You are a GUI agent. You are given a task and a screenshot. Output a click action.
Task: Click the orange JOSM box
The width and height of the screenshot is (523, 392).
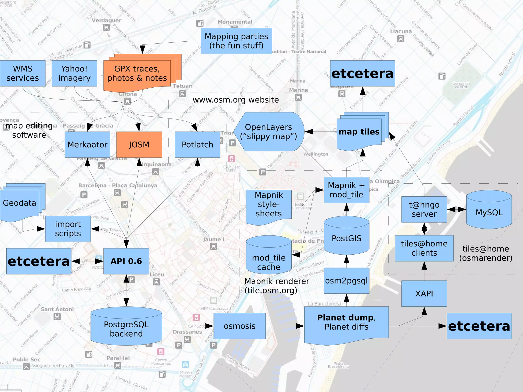tap(139, 145)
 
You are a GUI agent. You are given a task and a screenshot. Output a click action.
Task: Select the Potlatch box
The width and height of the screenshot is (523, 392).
tap(197, 145)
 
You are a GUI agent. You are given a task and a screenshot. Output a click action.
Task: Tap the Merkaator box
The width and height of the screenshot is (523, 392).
tap(87, 145)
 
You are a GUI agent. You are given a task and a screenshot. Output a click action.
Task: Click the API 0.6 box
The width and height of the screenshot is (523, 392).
tap(126, 261)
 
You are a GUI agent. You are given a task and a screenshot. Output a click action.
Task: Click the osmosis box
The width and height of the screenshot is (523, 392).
tap(240, 326)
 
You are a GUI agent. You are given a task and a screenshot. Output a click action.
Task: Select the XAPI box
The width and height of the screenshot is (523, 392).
tap(424, 293)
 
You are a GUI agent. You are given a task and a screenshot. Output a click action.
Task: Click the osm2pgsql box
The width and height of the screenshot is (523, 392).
tap(346, 281)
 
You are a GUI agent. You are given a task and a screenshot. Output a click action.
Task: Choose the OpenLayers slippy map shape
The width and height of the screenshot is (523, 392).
tap(269, 132)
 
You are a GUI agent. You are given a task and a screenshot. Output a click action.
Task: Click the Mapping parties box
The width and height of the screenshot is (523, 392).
tap(236, 41)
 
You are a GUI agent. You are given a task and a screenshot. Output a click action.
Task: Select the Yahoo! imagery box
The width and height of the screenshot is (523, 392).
tap(74, 73)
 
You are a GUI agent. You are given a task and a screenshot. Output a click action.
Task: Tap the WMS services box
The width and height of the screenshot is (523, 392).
tap(23, 73)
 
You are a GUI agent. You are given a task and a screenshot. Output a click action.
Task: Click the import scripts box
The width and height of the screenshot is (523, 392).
tap(68, 229)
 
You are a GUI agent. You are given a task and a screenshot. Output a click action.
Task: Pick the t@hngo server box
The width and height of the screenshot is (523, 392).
tap(424, 209)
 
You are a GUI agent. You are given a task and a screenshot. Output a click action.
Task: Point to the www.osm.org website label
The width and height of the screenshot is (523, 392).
tap(235, 100)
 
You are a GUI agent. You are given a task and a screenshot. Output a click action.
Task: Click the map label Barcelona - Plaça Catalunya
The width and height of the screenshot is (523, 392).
tap(118, 185)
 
